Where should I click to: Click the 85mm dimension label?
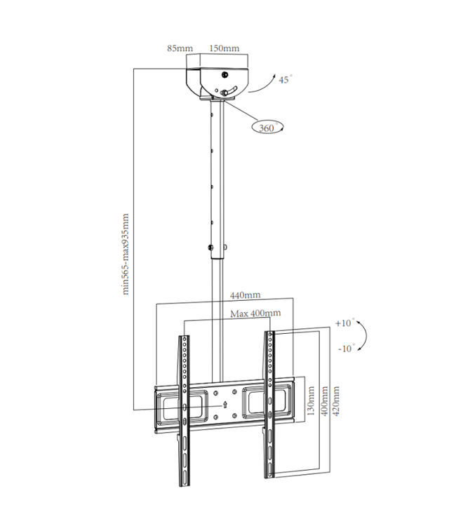click(x=180, y=48)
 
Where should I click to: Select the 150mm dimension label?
click(x=224, y=48)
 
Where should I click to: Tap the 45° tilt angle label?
click(x=284, y=80)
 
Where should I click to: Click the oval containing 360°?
click(x=267, y=128)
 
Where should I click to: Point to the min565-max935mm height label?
click(x=126, y=254)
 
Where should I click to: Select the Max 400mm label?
click(x=255, y=313)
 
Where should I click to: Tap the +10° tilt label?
click(x=344, y=323)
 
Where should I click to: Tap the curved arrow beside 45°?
click(x=261, y=83)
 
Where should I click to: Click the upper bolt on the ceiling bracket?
click(x=224, y=74)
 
